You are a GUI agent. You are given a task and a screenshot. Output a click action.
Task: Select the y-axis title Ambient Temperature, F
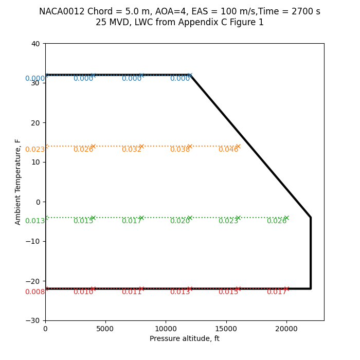click(x=18, y=182)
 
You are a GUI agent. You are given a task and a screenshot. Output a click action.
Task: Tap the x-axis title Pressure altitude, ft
click(x=184, y=338)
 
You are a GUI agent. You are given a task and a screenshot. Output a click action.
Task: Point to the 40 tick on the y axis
click(x=35, y=44)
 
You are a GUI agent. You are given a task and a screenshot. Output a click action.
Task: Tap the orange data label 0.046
click(x=228, y=150)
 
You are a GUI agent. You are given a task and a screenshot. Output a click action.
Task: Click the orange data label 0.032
click(x=132, y=150)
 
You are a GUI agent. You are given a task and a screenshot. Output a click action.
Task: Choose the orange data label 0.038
click(x=180, y=150)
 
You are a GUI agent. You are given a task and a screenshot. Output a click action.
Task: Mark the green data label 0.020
click(x=180, y=221)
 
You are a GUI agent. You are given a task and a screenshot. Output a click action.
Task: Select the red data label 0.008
click(x=35, y=292)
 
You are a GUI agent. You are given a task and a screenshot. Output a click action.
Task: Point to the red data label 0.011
click(x=132, y=292)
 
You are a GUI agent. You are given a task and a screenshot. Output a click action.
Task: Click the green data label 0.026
click(x=277, y=221)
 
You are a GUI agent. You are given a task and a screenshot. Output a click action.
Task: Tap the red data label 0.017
click(x=277, y=292)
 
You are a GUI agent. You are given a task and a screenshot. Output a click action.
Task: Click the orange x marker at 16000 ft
click(x=238, y=146)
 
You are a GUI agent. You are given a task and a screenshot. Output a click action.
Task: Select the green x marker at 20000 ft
click(x=286, y=218)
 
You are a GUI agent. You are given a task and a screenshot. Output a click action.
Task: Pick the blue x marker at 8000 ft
click(x=141, y=75)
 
